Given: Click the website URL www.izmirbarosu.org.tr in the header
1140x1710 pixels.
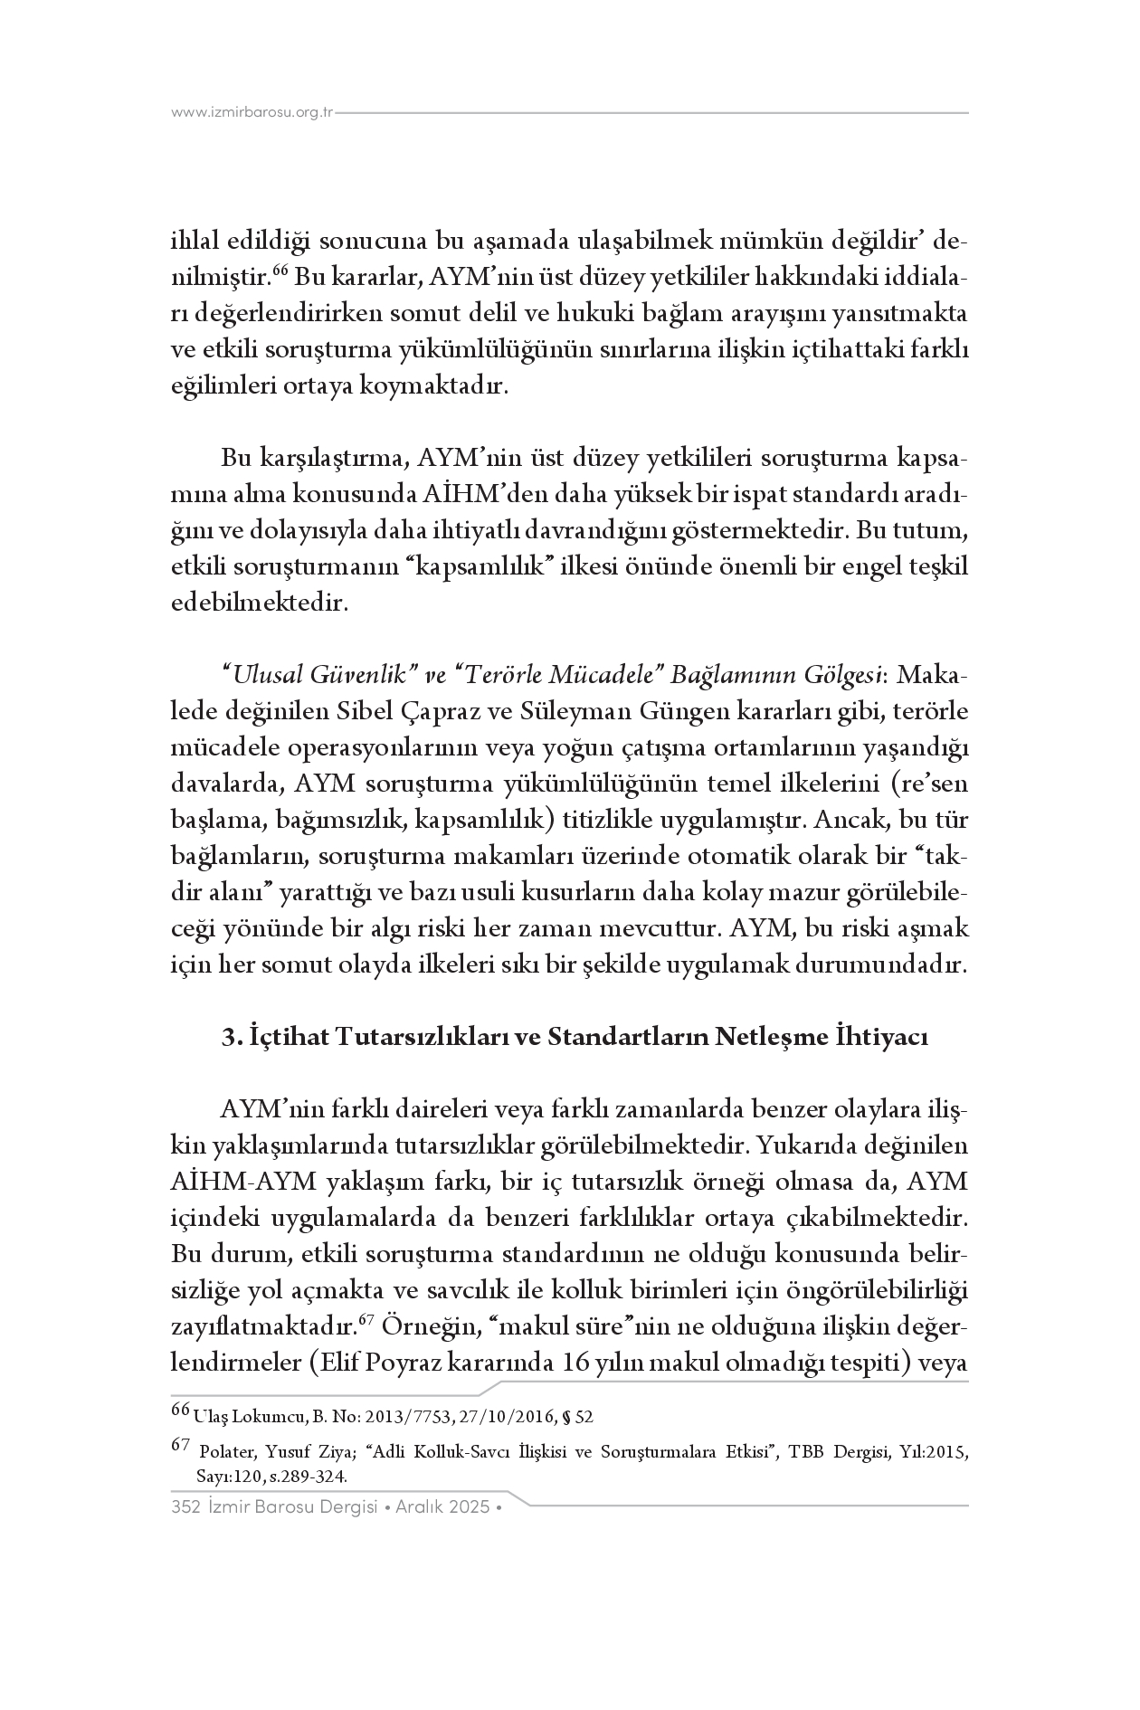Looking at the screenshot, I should (x=252, y=113).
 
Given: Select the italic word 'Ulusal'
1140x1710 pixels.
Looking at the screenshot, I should (x=264, y=676).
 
